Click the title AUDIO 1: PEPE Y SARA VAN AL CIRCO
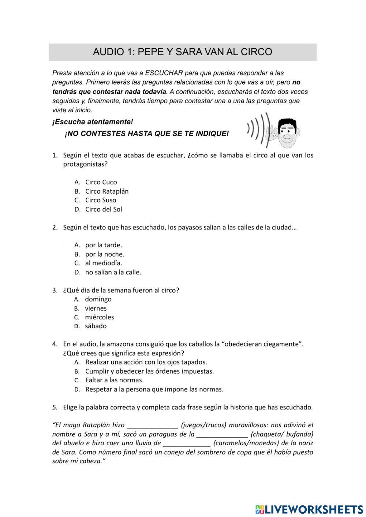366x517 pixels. (x=182, y=52)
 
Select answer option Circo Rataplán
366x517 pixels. (x=107, y=191)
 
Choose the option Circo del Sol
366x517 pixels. (x=104, y=209)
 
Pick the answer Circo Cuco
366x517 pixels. (x=101, y=182)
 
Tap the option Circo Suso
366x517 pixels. (x=101, y=200)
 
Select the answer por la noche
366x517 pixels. (x=105, y=254)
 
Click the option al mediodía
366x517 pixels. (x=104, y=263)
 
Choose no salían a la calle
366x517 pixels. (x=113, y=272)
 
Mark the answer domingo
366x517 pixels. (x=98, y=299)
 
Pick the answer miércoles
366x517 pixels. (x=100, y=317)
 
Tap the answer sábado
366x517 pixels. (x=96, y=326)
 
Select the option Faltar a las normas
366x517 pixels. (x=114, y=380)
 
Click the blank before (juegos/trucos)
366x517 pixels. (x=152, y=426)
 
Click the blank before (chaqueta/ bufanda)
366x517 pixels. (x=222, y=435)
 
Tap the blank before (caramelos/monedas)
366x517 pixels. (x=187, y=443)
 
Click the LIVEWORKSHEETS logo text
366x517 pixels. (x=314, y=509)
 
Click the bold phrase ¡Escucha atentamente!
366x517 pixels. (x=93, y=121)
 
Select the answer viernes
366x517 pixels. (x=96, y=308)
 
